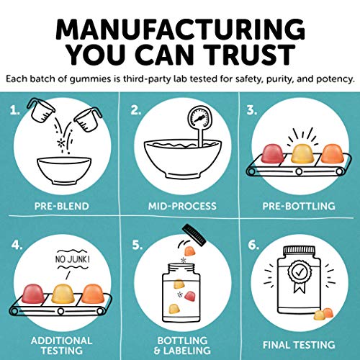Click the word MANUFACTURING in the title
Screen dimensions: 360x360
(180, 30)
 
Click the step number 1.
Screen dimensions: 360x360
(15, 110)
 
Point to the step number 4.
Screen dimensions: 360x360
(17, 245)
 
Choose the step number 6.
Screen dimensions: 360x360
(253, 245)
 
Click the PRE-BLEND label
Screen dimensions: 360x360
(62, 206)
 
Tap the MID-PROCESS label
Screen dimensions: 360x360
(182, 206)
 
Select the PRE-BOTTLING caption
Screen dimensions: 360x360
(299, 206)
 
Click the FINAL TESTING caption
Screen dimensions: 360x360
(299, 345)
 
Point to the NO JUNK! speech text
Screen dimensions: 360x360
(73, 259)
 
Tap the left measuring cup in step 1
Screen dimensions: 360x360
(41, 110)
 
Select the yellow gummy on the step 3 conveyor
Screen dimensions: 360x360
(302, 154)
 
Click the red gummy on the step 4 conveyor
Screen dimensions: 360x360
(33, 293)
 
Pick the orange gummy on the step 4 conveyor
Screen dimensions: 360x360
(93, 294)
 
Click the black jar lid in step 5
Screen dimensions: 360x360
(194, 235)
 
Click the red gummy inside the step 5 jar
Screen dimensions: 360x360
(189, 296)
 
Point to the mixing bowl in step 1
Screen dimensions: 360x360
(64, 171)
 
